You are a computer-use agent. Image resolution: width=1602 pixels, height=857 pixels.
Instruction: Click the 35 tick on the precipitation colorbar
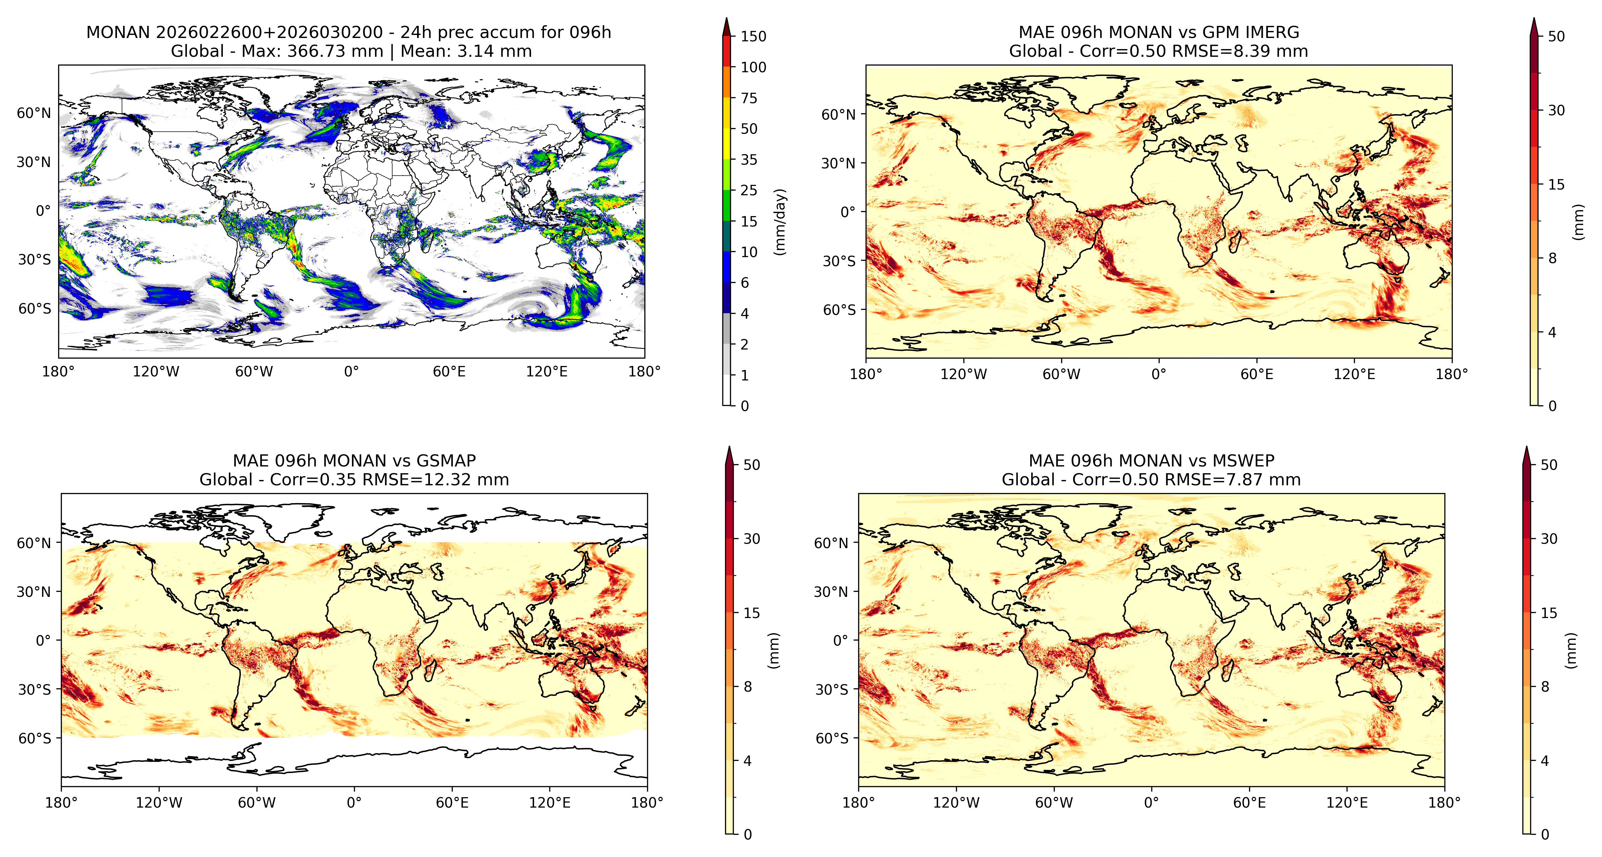pos(749,160)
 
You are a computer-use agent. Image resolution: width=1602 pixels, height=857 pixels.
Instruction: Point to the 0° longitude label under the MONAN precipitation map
pos(351,372)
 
